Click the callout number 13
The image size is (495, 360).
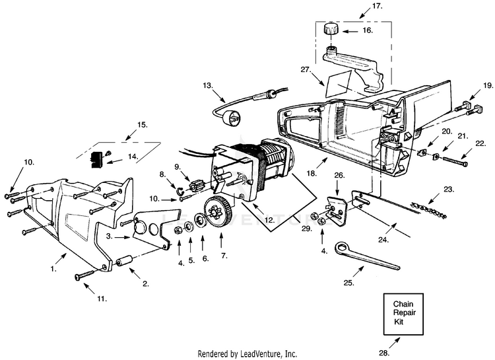click(207, 85)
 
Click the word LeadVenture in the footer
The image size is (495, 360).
click(267, 353)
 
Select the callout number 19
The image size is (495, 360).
click(488, 85)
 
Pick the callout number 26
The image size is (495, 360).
click(339, 175)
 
